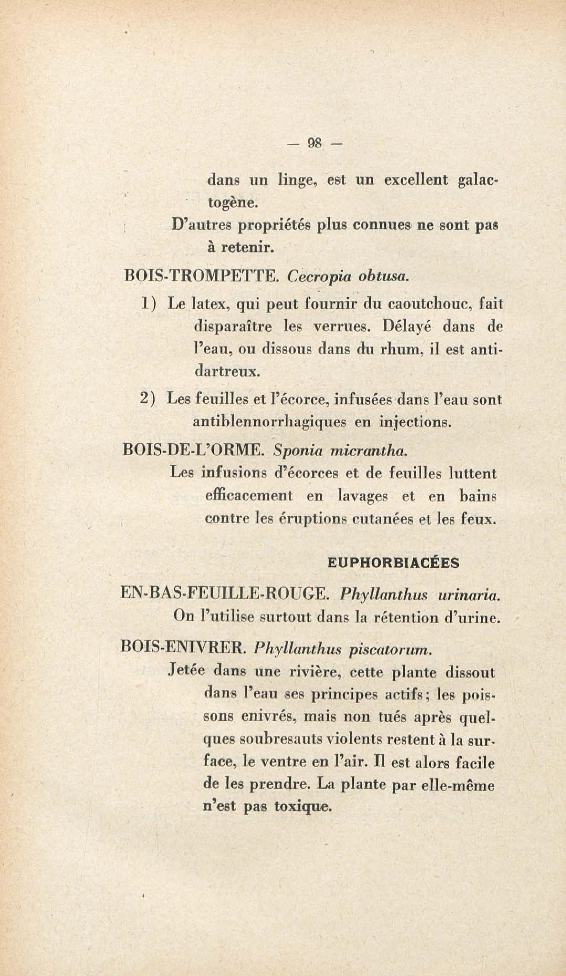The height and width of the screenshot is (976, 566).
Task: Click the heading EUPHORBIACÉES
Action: [x=393, y=563]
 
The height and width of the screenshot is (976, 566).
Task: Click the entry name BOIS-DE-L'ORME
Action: [x=192, y=451]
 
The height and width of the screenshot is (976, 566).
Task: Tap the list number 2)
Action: [x=148, y=399]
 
